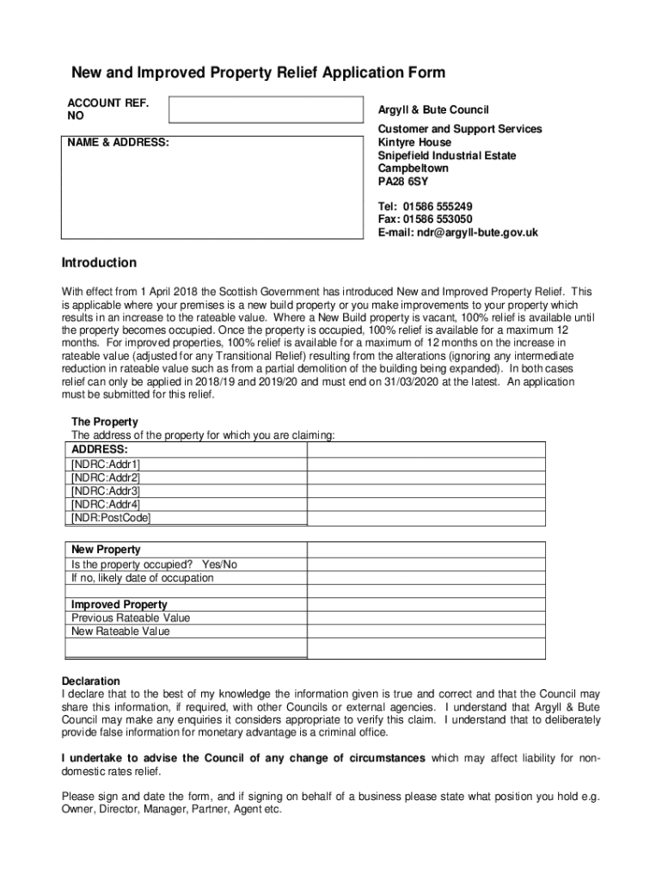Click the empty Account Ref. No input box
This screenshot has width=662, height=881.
[265, 110]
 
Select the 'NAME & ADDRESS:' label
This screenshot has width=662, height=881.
[119, 142]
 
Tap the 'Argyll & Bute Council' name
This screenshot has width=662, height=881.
[433, 110]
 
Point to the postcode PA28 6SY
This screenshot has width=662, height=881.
[402, 182]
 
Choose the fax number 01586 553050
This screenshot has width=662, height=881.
[443, 219]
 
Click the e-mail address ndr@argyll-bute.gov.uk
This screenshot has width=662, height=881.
[477, 232]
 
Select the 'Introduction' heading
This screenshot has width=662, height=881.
[98, 262]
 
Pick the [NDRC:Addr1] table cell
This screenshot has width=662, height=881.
[106, 464]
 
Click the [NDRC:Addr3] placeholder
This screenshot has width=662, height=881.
[106, 490]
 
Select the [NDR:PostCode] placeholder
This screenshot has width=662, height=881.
[111, 518]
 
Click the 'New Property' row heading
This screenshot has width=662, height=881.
[106, 550]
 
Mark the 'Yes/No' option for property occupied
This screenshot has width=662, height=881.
[219, 564]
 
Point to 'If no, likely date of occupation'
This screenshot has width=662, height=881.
[143, 578]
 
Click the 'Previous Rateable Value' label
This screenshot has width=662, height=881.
[131, 618]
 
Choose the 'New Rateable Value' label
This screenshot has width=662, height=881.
[120, 631]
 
